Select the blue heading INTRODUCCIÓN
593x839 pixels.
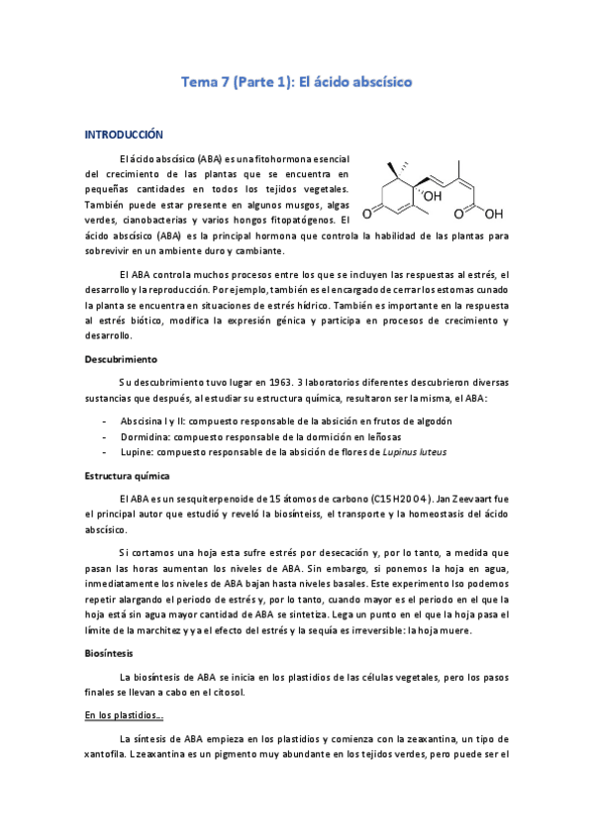[124, 134]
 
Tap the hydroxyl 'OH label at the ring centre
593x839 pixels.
[432, 196]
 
